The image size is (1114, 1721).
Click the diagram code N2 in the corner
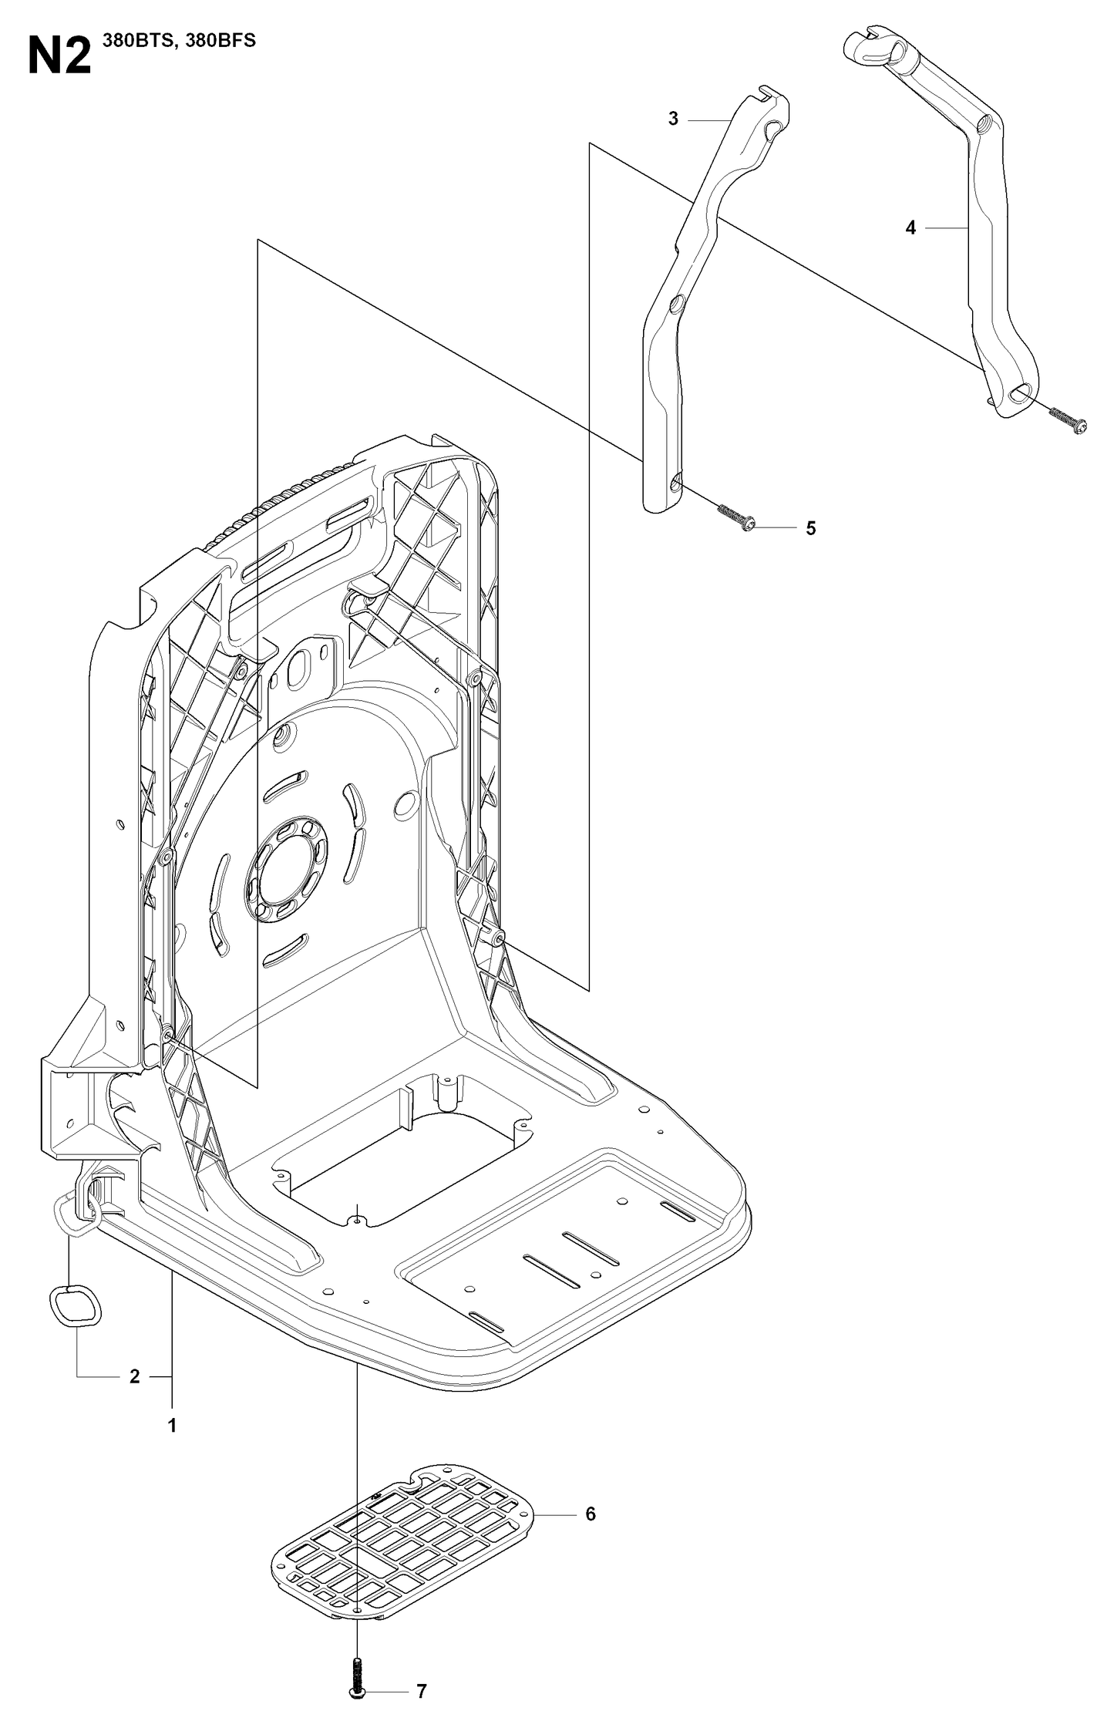(59, 56)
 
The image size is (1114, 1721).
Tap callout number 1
(172, 1425)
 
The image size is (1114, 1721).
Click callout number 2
(134, 1376)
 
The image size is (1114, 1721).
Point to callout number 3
(673, 120)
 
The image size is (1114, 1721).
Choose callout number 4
(910, 227)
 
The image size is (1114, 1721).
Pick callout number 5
(810, 528)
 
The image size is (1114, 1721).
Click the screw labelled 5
(736, 517)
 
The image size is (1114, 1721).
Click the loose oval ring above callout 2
(75, 1308)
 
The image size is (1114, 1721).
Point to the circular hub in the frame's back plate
(287, 870)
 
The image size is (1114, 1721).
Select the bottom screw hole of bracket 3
(676, 483)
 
